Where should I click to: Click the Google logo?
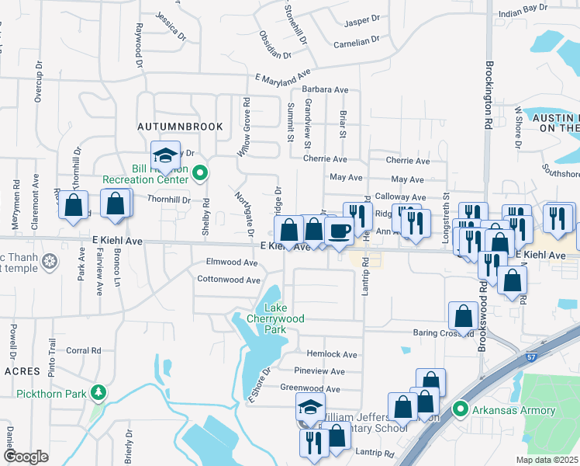coord(26,457)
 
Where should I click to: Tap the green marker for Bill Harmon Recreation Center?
coord(200,173)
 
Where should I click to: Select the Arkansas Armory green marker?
coord(460,409)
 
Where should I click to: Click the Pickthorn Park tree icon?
coord(97,393)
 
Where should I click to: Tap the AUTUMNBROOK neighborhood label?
coord(180,126)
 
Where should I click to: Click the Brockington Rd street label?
coord(489,93)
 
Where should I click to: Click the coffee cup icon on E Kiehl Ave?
coord(339,231)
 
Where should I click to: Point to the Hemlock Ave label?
coord(331,354)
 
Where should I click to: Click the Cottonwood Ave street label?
coord(228,280)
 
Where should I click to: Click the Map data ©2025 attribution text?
coord(546,460)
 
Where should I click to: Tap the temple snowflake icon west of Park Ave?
coord(50,259)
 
